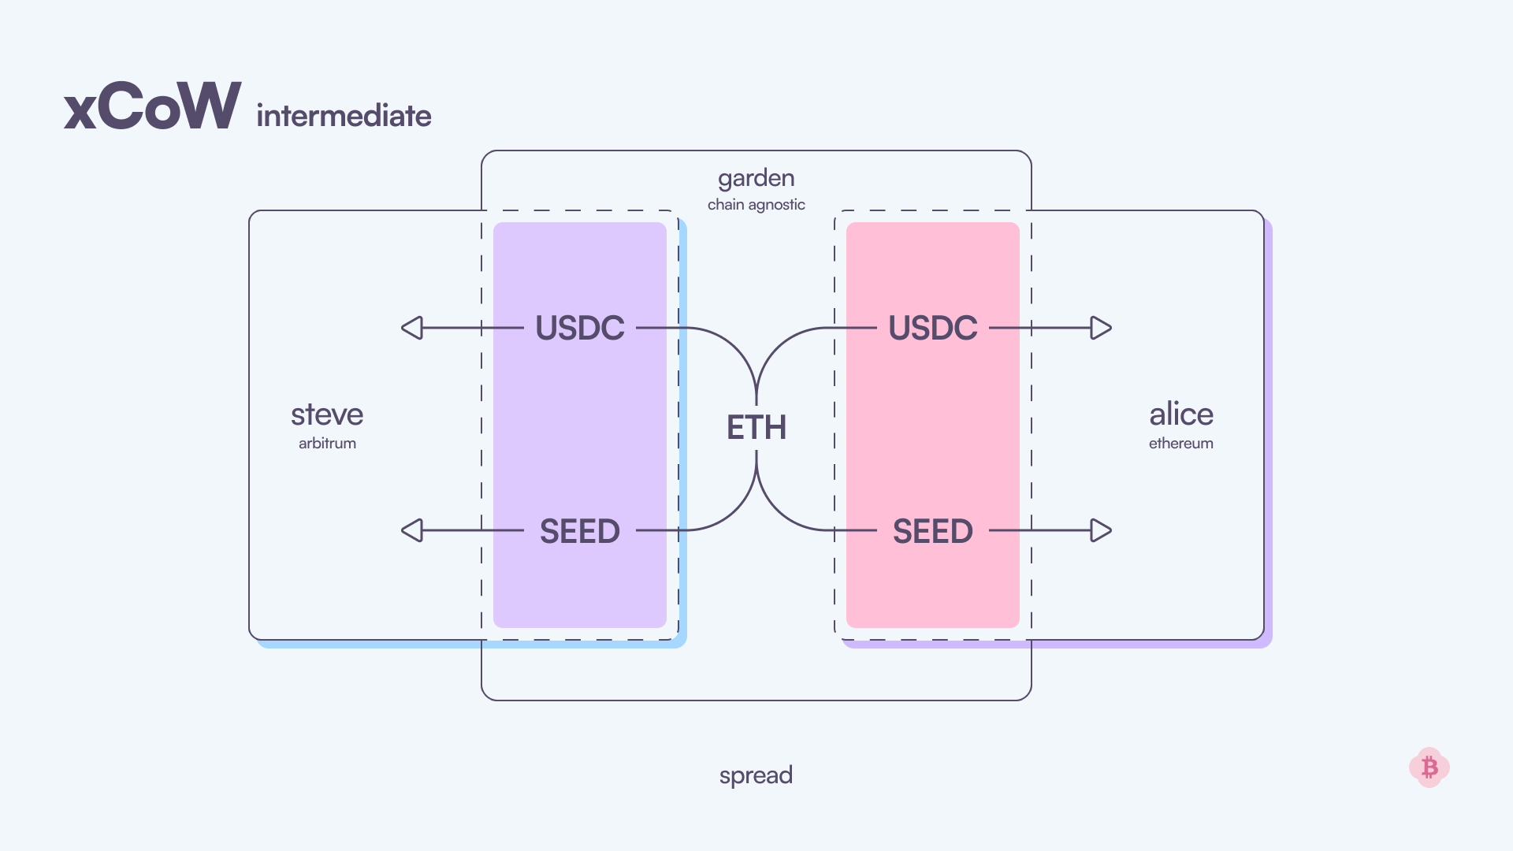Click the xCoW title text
152,106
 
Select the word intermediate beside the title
344,116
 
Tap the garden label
756,178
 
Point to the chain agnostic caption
756,205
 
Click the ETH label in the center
756,428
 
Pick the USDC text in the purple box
580,328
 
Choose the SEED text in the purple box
580,531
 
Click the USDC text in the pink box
933,328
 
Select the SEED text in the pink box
933,531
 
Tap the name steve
327,414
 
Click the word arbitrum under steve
327,444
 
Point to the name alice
1180,414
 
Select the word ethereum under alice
1180,444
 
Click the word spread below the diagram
756,775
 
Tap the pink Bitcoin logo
1429,767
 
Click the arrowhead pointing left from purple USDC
413,328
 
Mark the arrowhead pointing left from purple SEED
413,530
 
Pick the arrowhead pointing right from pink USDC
1100,328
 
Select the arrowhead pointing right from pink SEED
1100,530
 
